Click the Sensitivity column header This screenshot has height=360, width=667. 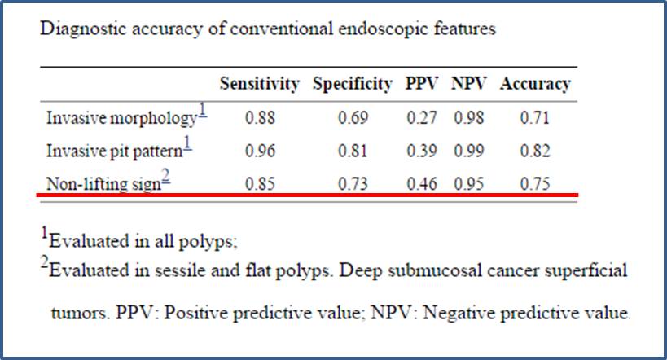pyautogui.click(x=260, y=84)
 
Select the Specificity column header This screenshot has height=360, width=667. pyautogui.click(x=352, y=85)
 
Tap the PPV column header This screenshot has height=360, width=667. pyautogui.click(x=422, y=83)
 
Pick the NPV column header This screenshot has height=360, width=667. pyautogui.click(x=468, y=83)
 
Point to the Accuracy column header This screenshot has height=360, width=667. pyautogui.click(x=535, y=84)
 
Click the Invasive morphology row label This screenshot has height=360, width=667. pyautogui.click(x=121, y=118)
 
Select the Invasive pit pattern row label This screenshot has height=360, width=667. pyautogui.click(x=115, y=151)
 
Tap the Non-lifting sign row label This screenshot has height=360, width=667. pyautogui.click(x=103, y=184)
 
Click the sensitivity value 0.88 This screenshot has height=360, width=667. pyautogui.click(x=260, y=118)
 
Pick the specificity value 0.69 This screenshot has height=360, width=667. pyautogui.click(x=353, y=118)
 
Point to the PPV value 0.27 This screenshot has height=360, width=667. pyautogui.click(x=422, y=118)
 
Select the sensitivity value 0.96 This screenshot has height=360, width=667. pyautogui.click(x=260, y=151)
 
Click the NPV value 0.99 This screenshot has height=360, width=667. pyautogui.click(x=469, y=151)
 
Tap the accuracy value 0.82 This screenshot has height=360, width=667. pyautogui.click(x=535, y=151)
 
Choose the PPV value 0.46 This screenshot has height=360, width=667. pyautogui.click(x=422, y=184)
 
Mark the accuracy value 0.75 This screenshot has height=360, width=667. pyautogui.click(x=535, y=184)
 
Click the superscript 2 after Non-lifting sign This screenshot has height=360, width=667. pyautogui.click(x=166, y=175)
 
